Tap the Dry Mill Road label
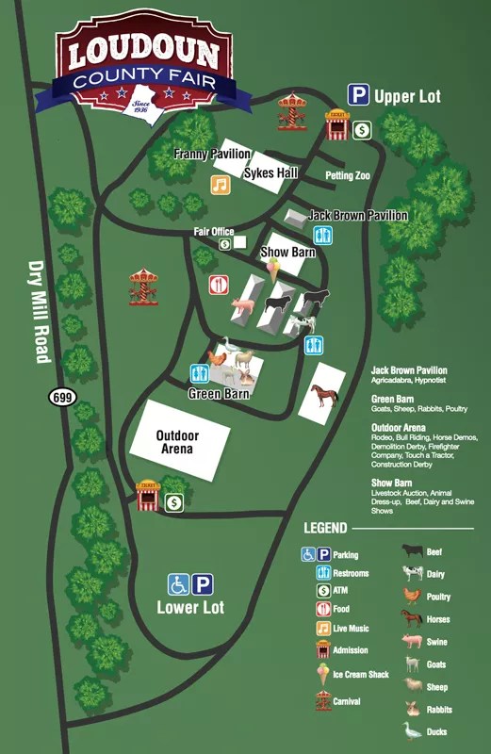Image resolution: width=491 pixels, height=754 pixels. pyautogui.click(x=39, y=311)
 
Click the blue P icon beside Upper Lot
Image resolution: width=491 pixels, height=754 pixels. pyautogui.click(x=358, y=95)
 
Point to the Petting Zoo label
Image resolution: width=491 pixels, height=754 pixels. pyautogui.click(x=348, y=175)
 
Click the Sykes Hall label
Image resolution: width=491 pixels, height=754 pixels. pyautogui.click(x=270, y=173)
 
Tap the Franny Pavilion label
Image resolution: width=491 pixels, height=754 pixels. pyautogui.click(x=212, y=154)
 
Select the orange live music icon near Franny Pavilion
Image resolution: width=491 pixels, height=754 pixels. pyautogui.click(x=220, y=185)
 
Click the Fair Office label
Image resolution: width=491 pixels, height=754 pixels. pyautogui.click(x=214, y=231)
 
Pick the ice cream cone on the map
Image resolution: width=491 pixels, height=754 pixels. pyautogui.click(x=273, y=271)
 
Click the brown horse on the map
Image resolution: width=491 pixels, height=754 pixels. pyautogui.click(x=323, y=394)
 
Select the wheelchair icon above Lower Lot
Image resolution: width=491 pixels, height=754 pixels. pyautogui.click(x=178, y=584)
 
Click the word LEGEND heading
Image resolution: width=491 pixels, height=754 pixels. pyautogui.click(x=325, y=528)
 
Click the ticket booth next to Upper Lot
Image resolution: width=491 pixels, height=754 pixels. pyautogui.click(x=336, y=124)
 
